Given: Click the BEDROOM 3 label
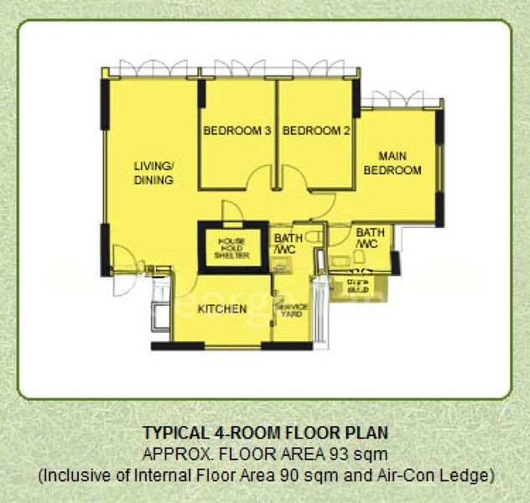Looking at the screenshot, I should click(236, 131).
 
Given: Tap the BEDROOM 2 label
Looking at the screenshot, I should click(316, 131).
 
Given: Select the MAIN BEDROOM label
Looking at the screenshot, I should click(397, 163).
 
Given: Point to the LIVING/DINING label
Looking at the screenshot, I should click(153, 173).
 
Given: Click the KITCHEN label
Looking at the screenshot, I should click(222, 309).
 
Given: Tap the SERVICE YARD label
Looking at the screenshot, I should click(292, 310).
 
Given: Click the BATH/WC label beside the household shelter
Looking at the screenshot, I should click(289, 244).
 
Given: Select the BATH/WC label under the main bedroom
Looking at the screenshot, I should click(370, 238).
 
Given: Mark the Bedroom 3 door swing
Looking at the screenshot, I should click(262, 178).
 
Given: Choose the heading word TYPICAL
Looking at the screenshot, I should click(170, 433).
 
